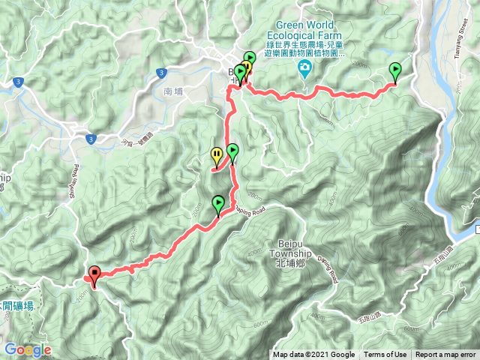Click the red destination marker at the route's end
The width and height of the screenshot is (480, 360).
point(94,275)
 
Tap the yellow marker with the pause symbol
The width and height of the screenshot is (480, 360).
point(217,156)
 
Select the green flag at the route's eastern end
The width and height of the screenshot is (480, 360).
point(395,71)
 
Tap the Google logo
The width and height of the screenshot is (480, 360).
point(27,349)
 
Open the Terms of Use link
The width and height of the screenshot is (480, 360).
point(385,355)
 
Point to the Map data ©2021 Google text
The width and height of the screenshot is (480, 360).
point(313,355)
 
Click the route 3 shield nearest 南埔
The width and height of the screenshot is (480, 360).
point(160,73)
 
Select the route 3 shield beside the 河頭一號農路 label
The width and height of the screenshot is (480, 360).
point(91,139)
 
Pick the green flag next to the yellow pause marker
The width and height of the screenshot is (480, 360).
point(232,152)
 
